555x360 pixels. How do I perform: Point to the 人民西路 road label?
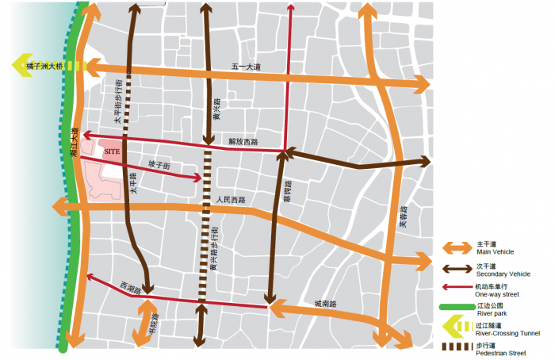pyautogui.click(x=231, y=200)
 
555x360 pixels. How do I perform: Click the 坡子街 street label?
pyautogui.click(x=159, y=164)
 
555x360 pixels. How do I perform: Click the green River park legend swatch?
pyautogui.click(x=455, y=307)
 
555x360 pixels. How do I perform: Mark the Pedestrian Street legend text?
pyautogui.click(x=500, y=351)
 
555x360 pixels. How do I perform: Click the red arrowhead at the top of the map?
pyautogui.click(x=291, y=10)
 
